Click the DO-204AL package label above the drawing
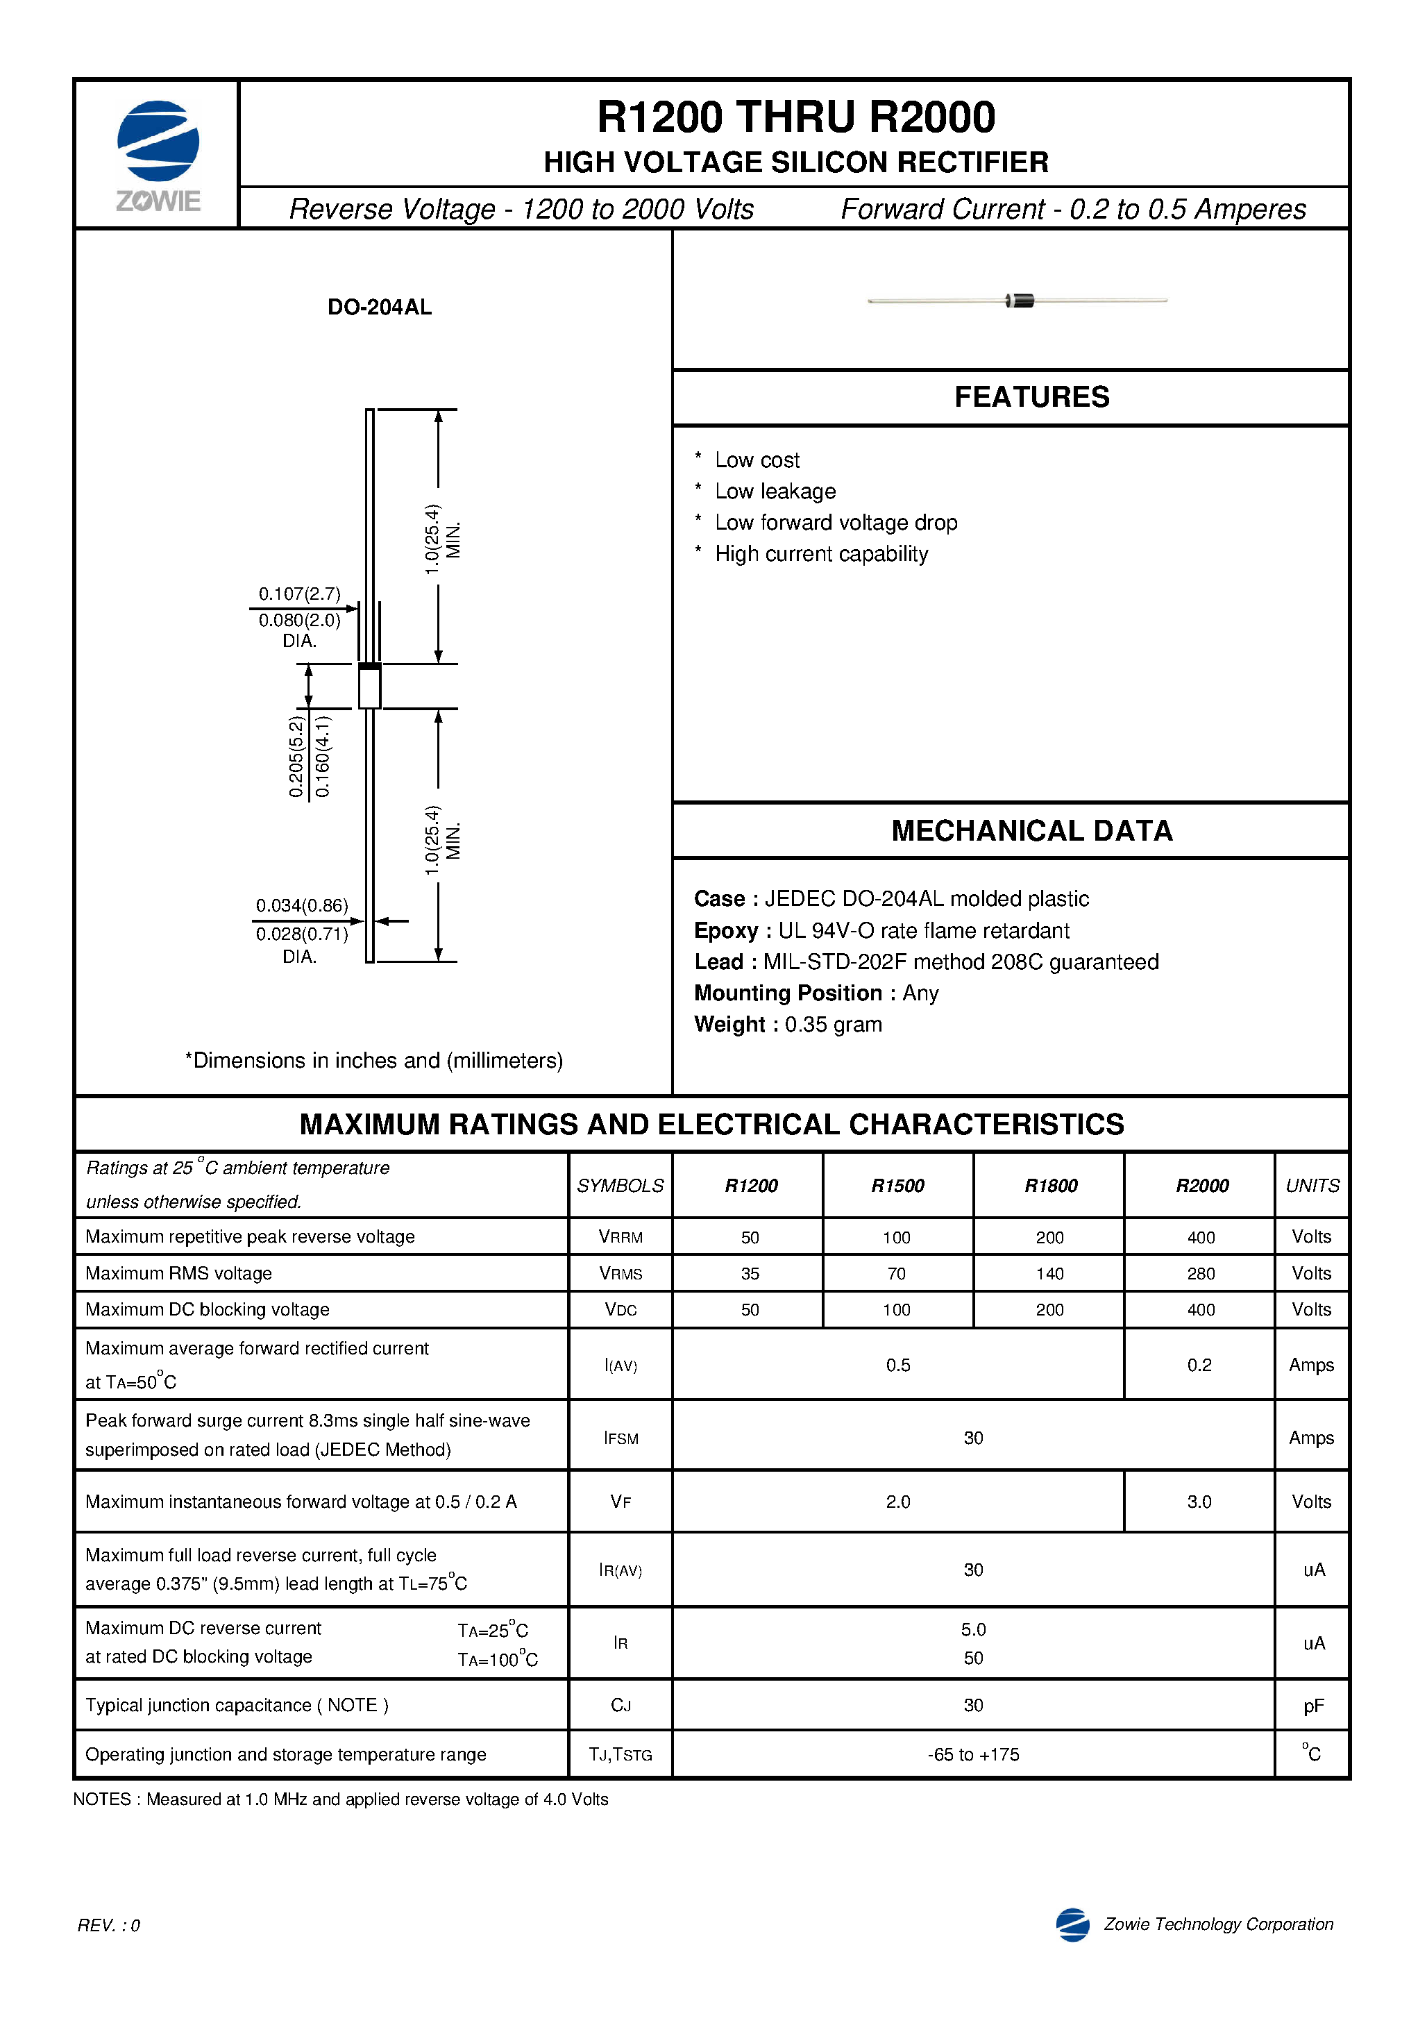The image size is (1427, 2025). point(379,307)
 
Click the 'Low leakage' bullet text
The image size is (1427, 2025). point(775,491)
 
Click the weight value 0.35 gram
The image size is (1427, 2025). point(833,1024)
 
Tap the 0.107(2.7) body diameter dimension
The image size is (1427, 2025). point(299,594)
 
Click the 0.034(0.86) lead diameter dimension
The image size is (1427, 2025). point(302,906)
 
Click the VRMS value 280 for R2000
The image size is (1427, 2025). point(1199,1274)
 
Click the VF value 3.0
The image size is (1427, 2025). point(1199,1501)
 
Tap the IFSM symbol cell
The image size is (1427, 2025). point(621,1438)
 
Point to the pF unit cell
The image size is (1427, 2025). point(1312,1706)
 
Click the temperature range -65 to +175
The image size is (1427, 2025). point(973,1754)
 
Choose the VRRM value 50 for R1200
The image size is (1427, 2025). point(750,1237)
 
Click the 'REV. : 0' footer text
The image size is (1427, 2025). point(108,1924)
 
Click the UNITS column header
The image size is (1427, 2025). point(1312,1186)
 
